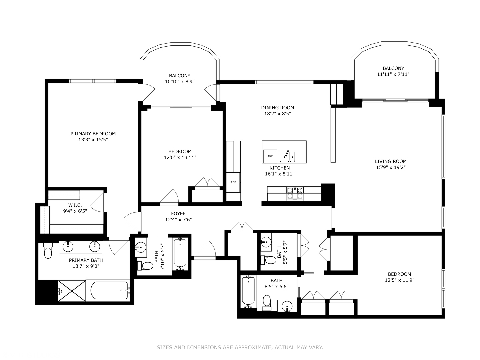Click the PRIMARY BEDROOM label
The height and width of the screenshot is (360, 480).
pos(93,134)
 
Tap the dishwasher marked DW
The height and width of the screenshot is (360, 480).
pos(270,156)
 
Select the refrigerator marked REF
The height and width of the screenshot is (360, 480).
pos(233,182)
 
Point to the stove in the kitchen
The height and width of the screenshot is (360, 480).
pos(295,193)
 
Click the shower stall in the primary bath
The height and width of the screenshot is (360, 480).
pos(71,291)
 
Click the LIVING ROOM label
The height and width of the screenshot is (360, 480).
pos(391,161)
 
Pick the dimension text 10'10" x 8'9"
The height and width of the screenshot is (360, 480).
pos(180,82)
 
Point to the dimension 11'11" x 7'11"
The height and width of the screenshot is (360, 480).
pos(393,74)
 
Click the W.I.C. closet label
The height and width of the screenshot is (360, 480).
pos(75,205)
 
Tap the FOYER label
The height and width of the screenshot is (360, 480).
pos(178,214)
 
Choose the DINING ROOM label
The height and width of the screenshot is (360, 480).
pos(277,108)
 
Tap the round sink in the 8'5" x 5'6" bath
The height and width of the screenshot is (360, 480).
pos(287,306)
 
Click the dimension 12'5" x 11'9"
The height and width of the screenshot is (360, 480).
pos(399,280)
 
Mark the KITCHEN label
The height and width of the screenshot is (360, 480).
pos(280,168)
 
